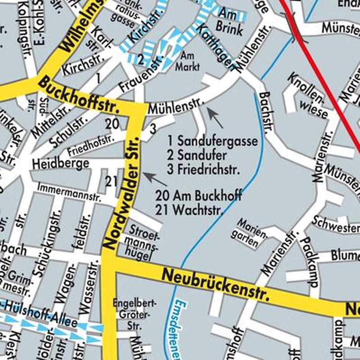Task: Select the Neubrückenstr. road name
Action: coord(215,285)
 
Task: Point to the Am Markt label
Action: coord(188,61)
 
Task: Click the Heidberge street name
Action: coord(61,164)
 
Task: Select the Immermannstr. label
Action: coord(69,192)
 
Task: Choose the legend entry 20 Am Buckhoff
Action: coord(199,195)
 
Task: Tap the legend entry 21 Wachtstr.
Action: coord(190,210)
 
